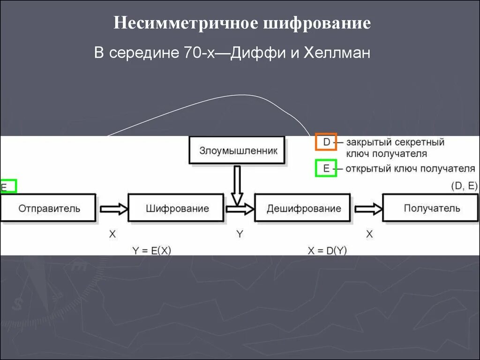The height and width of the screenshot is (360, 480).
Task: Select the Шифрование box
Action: point(177,208)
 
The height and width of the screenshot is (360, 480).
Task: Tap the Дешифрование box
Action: point(303,208)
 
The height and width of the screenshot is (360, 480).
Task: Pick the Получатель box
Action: point(431,208)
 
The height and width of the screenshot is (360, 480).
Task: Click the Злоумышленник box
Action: point(238,151)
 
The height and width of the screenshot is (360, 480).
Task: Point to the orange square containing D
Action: point(326,142)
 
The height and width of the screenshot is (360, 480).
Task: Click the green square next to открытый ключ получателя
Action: point(326,168)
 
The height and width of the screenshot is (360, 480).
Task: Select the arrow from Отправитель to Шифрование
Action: point(112,209)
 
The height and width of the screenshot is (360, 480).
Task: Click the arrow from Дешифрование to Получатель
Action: point(368,209)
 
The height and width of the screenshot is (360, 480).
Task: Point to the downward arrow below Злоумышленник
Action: point(238,185)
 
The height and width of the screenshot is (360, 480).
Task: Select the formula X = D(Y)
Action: point(328,250)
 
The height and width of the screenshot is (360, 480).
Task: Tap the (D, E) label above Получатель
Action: point(464,186)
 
